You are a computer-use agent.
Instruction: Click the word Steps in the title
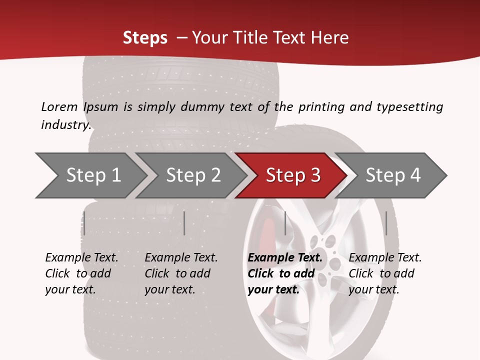click(145, 38)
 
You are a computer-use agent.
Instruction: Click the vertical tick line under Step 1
click(84, 223)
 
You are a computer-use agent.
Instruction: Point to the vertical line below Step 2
click(184, 223)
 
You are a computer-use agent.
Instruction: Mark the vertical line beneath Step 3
click(285, 223)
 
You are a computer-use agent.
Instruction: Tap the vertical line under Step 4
click(386, 223)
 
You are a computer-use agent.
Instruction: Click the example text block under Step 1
click(81, 273)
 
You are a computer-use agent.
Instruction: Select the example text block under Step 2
click(181, 273)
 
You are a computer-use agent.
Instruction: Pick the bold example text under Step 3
click(285, 273)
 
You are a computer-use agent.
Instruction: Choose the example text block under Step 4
click(385, 273)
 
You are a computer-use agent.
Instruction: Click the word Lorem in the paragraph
click(59, 106)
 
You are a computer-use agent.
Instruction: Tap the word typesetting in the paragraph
click(409, 107)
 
